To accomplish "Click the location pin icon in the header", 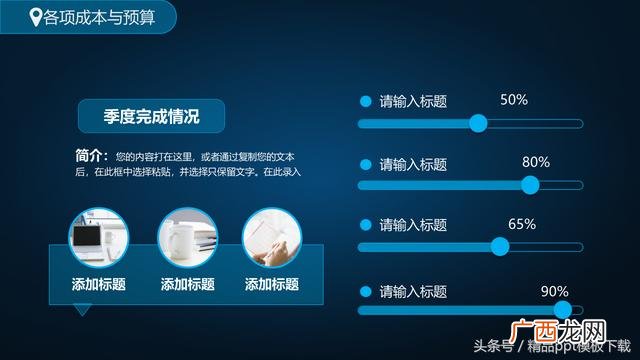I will [x=37, y=15].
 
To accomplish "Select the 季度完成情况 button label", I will [x=151, y=117].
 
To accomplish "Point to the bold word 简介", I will [x=90, y=156].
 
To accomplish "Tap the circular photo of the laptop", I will [x=98, y=236].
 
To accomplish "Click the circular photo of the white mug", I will [x=187, y=236].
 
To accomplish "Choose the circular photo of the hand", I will [x=272, y=236].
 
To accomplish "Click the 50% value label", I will [x=513, y=100].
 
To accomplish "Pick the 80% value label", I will [x=536, y=162].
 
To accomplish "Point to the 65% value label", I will [x=522, y=224].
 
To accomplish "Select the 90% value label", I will [x=554, y=291].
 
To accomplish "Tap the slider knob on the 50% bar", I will [x=478, y=123].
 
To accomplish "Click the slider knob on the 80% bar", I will [x=531, y=184].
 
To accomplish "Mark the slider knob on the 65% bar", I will [x=500, y=246].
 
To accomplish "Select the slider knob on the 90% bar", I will [x=562, y=310].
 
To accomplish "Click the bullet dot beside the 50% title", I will [x=365, y=102].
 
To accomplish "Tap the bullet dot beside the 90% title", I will [x=365, y=292].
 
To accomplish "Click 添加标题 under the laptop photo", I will [x=98, y=284].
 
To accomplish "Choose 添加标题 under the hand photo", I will [x=272, y=284].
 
